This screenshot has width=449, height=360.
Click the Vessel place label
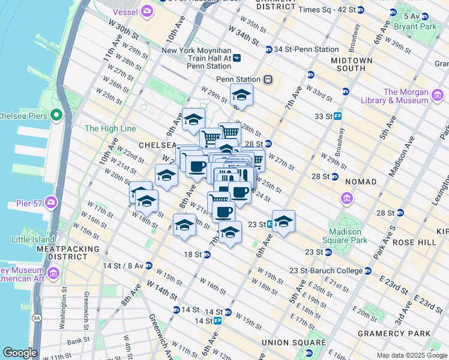pos(124,12)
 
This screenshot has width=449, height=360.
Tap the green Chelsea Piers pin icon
pos(57,115)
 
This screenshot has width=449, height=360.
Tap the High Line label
pos(110,128)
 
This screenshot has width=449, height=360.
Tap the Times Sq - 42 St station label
pos(327,10)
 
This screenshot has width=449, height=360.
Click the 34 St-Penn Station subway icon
pos(269,49)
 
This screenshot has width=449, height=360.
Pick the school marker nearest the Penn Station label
pos(241,95)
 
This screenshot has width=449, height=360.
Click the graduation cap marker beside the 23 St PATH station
pos(283,220)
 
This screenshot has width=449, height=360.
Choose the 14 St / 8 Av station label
pos(123,265)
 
